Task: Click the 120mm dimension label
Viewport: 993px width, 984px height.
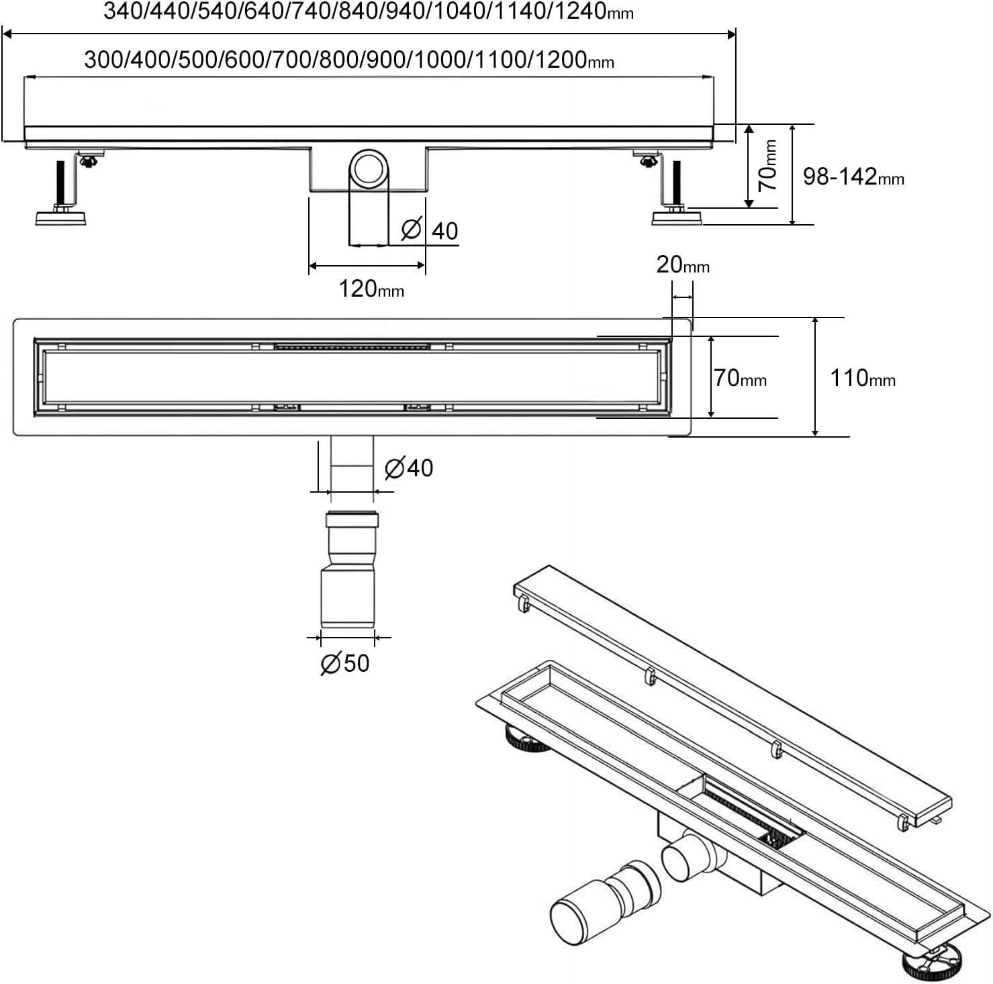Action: pos(371,289)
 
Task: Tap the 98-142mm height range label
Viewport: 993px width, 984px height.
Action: pos(853,177)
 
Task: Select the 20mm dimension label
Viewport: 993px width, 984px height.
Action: pos(682,264)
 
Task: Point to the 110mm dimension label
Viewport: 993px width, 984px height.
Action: pos(862,378)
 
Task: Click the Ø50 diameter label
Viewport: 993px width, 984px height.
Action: pos(345,663)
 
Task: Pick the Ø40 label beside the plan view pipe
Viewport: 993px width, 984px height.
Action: pos(409,468)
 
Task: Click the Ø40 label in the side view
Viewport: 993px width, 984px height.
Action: pos(430,230)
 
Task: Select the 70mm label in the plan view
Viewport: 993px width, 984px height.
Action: pos(739,378)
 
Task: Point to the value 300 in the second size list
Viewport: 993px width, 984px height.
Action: pos(105,60)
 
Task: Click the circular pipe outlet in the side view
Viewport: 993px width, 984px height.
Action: pos(368,168)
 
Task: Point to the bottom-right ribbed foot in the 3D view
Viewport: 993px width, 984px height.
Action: pos(930,964)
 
